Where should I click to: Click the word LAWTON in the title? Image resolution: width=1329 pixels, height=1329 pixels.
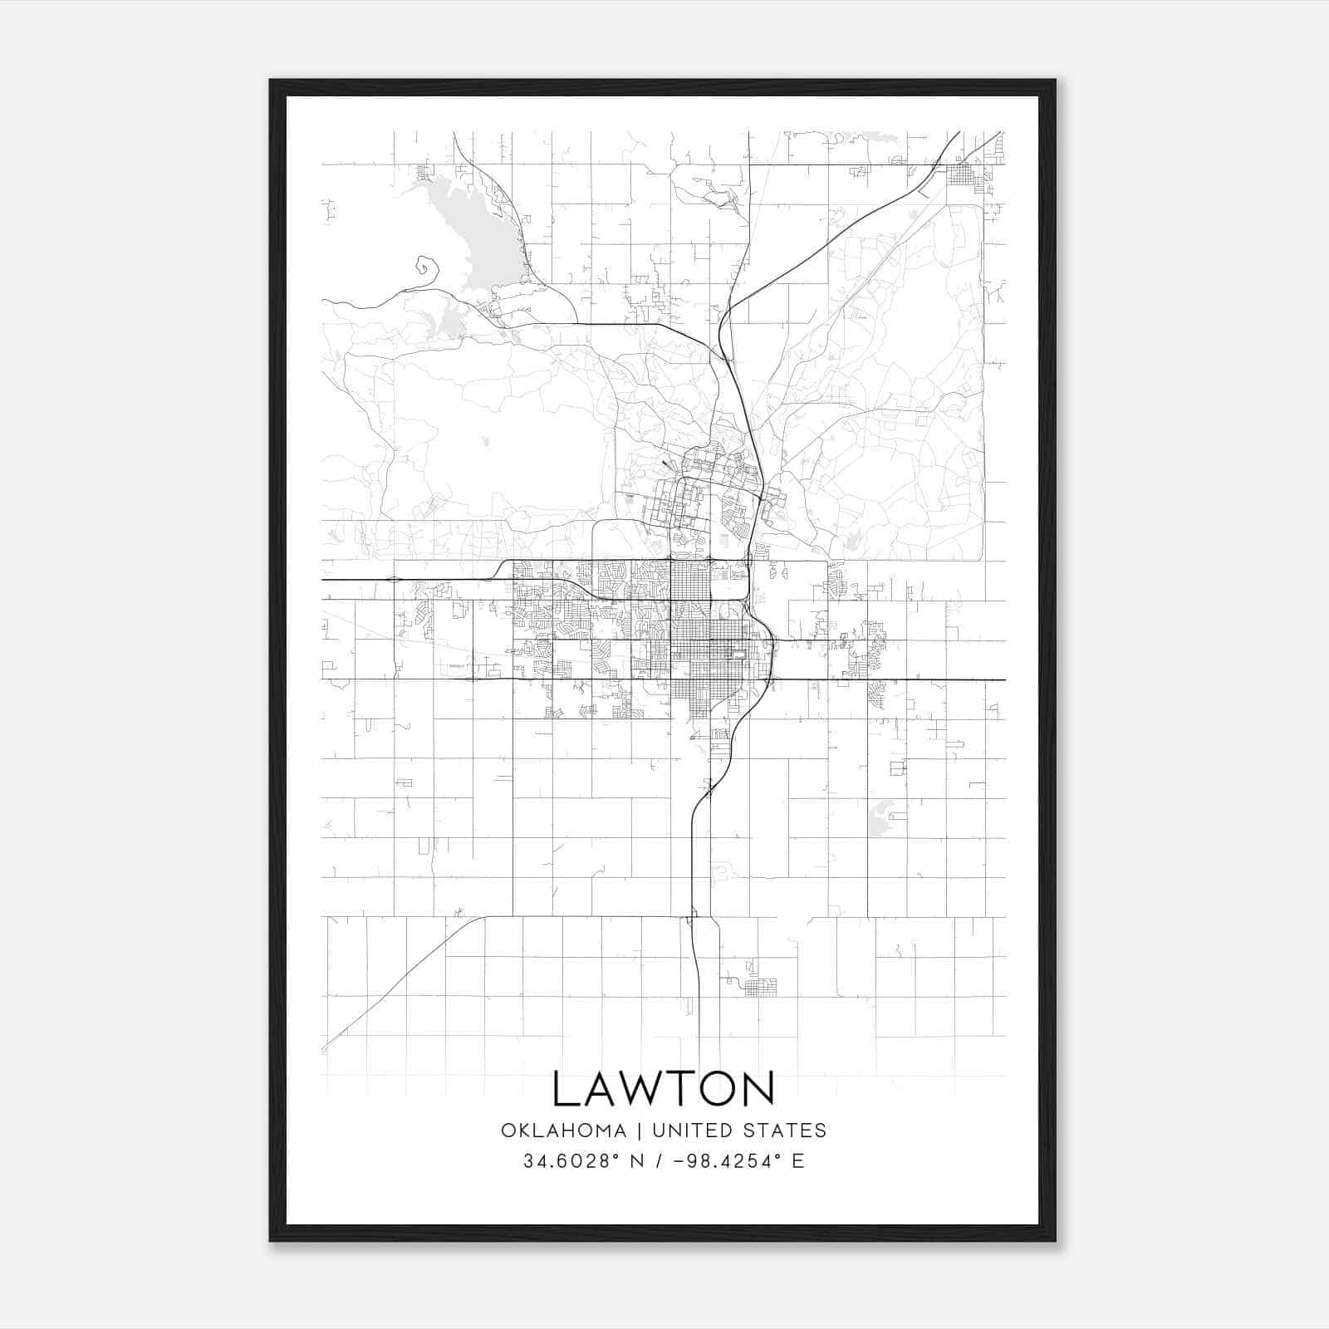click(x=664, y=1089)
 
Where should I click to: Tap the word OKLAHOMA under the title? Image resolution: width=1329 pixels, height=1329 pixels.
click(x=563, y=1130)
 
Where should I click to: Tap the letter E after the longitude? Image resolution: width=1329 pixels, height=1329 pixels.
click(x=798, y=1161)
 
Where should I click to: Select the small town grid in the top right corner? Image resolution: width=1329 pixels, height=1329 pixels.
click(x=964, y=175)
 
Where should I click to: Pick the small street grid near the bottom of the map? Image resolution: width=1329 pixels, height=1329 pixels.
click(x=760, y=988)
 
